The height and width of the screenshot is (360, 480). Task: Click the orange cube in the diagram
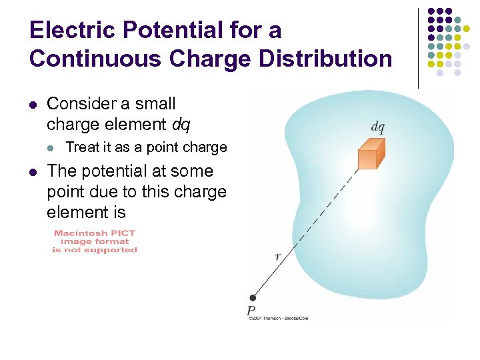click(x=371, y=154)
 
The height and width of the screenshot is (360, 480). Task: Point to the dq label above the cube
click(x=377, y=127)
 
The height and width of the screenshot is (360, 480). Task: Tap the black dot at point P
click(x=252, y=298)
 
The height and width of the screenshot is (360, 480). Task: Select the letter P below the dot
click(x=251, y=310)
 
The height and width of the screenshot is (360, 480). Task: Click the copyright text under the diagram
click(x=277, y=318)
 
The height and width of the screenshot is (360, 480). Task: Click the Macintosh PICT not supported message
click(x=95, y=241)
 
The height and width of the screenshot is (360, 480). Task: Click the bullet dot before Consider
click(x=33, y=105)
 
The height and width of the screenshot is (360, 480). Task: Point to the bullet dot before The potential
click(x=33, y=172)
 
